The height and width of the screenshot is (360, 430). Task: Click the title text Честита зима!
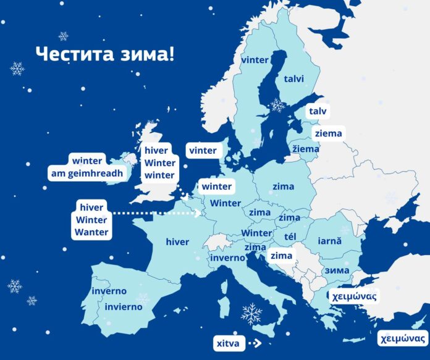click(x=104, y=53)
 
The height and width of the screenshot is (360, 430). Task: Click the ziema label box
click(x=327, y=133)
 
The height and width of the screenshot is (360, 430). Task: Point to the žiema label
click(x=306, y=149)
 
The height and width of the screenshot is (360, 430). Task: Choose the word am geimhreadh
click(x=88, y=174)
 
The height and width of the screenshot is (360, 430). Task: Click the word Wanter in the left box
click(x=91, y=232)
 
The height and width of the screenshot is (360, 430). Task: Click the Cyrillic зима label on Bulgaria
click(x=337, y=270)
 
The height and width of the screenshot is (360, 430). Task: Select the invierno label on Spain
click(x=124, y=307)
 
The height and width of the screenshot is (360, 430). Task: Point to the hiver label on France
click(x=177, y=242)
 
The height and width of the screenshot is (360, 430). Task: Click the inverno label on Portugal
click(x=109, y=291)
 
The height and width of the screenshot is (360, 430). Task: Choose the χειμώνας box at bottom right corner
click(x=402, y=338)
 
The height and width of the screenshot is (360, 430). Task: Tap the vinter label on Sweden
click(x=255, y=60)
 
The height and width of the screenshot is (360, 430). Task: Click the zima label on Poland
click(x=282, y=186)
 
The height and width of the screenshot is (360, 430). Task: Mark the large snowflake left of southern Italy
click(x=251, y=314)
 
